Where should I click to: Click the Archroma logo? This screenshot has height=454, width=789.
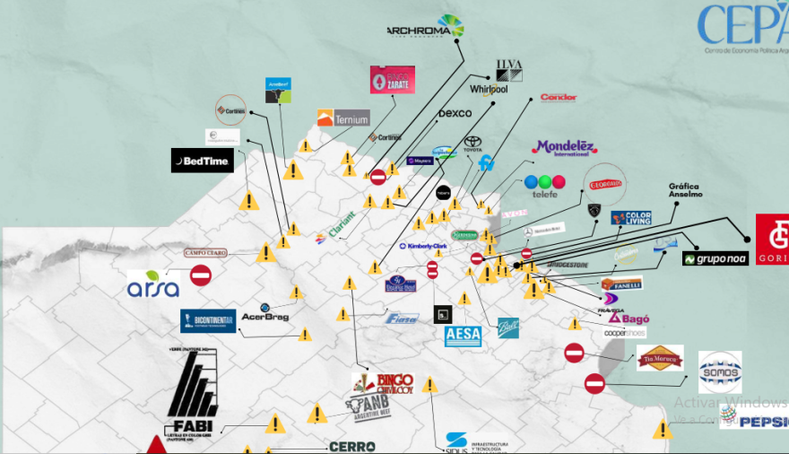point(425,28)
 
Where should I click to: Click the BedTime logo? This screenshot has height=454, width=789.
point(203,161)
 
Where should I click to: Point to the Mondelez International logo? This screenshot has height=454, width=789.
point(564,148)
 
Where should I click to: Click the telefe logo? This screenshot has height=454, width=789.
point(545,185)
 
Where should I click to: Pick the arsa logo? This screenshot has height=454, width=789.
point(153,284)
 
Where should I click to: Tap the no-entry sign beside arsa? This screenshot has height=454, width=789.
point(200,275)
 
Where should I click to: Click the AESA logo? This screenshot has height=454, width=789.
point(464,336)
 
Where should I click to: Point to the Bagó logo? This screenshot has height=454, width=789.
point(629,318)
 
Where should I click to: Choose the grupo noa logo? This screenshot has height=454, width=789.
point(715,258)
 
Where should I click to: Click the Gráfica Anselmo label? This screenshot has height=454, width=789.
point(686,190)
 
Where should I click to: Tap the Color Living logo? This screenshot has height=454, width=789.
point(631,218)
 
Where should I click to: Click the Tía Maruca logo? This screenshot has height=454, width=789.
point(660,358)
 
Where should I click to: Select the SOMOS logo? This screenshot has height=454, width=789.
point(720,371)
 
